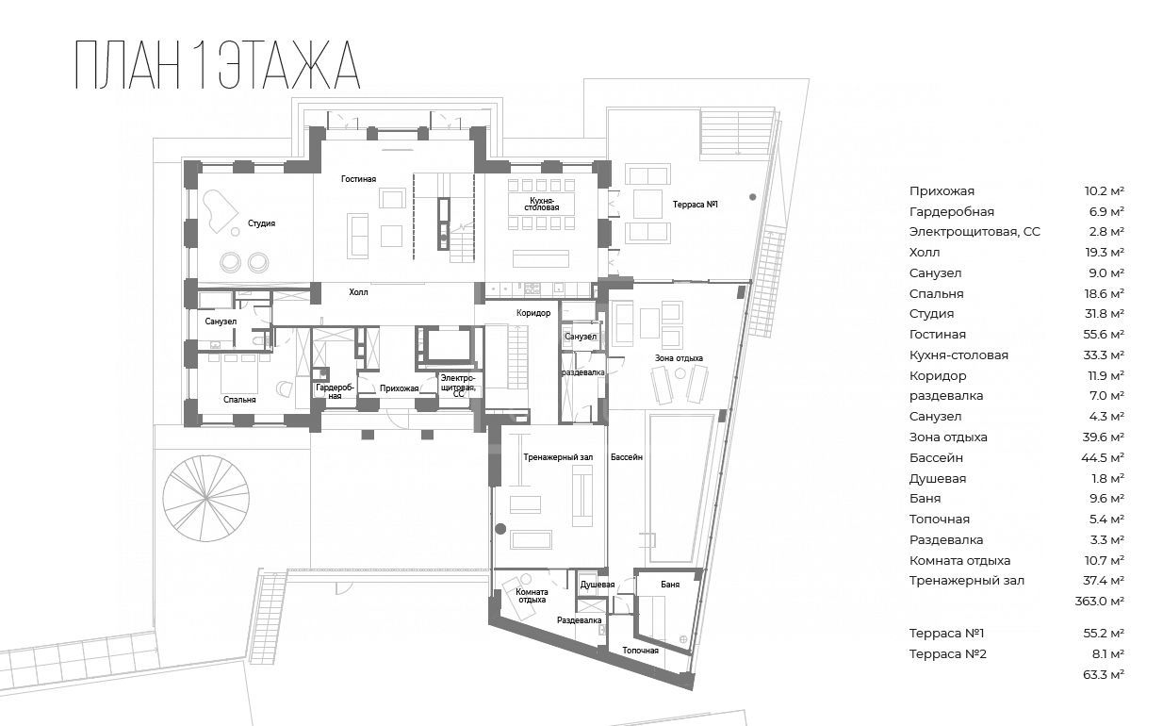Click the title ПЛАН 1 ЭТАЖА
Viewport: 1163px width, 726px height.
(218, 65)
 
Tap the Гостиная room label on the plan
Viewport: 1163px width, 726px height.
(358, 179)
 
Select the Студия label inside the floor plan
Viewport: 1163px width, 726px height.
(261, 223)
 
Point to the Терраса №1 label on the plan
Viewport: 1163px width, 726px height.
(696, 205)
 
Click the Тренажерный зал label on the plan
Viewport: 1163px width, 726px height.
(558, 457)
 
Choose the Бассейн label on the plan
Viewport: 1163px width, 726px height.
(626, 457)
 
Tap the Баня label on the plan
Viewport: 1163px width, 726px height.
(670, 585)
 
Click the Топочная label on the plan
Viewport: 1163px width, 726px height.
(640, 651)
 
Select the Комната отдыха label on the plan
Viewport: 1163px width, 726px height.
(532, 596)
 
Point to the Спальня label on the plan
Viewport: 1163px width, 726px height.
(239, 400)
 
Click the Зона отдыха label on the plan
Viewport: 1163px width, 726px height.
(679, 358)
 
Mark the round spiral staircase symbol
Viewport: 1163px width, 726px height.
(205, 499)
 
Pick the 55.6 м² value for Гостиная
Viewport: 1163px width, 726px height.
(1104, 335)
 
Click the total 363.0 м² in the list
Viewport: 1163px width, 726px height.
(1099, 602)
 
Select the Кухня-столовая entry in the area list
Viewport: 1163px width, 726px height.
(958, 355)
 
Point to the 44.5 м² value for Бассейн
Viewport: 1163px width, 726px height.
(1104, 457)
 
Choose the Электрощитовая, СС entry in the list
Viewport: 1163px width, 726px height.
(975, 232)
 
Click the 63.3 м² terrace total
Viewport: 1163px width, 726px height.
(1104, 674)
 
